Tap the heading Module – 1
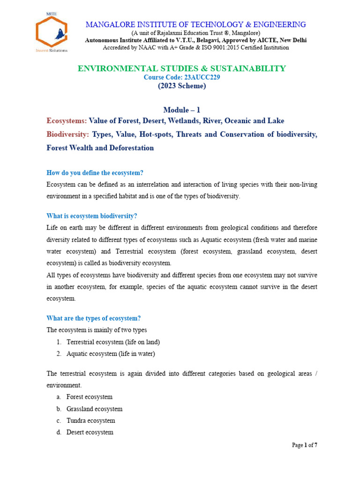[x=181, y=110]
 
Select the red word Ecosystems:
[x=67, y=121]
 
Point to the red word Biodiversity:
[x=67, y=135]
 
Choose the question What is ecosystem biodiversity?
[x=92, y=216]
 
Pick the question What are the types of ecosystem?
[x=94, y=318]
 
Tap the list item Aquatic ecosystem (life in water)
[x=111, y=354]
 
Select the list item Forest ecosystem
[x=90, y=397]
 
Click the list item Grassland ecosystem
[x=94, y=409]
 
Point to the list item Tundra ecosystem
[x=90, y=420]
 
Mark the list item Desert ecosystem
[x=90, y=432]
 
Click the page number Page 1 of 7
[x=305, y=445]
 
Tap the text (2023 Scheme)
[x=181, y=86]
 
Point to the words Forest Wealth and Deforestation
[x=100, y=148]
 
